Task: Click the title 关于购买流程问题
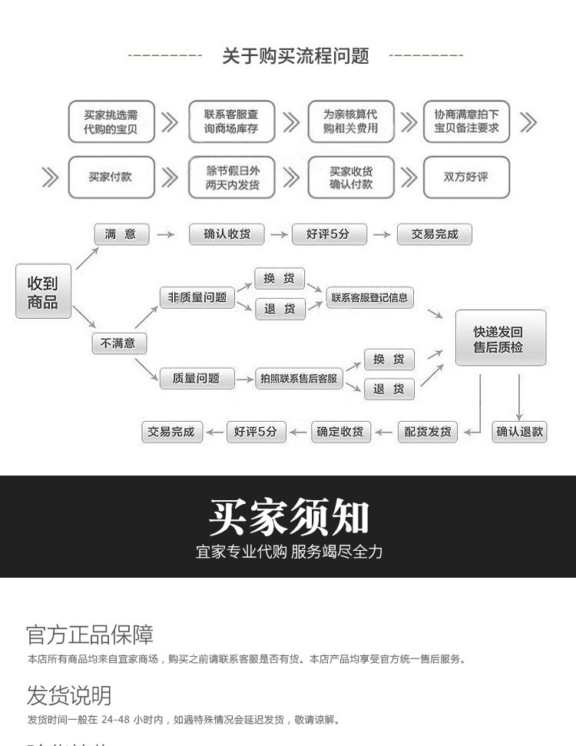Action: pos(296,55)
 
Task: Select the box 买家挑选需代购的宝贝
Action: pos(111,121)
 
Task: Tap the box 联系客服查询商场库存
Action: pos(231,121)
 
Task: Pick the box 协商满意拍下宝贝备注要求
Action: pos(466,121)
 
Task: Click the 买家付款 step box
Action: pos(111,177)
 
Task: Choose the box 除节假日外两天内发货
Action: pos(231,177)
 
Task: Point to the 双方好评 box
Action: pos(466,177)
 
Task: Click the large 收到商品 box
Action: pos(43,292)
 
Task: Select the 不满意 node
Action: pos(118,343)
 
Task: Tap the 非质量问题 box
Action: pos(197,297)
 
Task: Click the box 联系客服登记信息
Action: pos(369,297)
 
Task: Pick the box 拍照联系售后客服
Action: pos(299,379)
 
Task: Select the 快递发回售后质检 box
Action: pos(500,339)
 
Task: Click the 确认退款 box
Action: pos(520,432)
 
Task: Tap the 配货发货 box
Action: pos(428,432)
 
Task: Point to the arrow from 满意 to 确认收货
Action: pos(164,234)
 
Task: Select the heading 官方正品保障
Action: pos(90,635)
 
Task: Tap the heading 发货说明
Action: pos(69,696)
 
